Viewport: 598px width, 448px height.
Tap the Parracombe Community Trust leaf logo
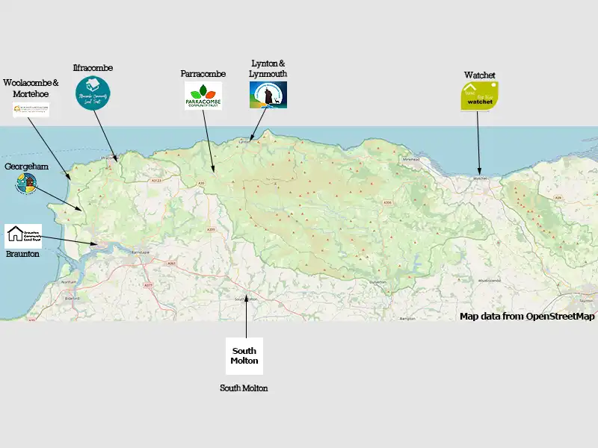[x=203, y=96]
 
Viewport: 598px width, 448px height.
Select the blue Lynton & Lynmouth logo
[x=268, y=95]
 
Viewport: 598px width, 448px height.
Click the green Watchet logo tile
[x=479, y=96]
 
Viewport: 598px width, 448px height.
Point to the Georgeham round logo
[x=26, y=184]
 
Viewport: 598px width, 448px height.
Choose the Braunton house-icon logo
[x=23, y=235]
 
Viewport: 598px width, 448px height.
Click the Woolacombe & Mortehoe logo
[x=31, y=110]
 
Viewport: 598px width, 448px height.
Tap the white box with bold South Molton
[x=244, y=356]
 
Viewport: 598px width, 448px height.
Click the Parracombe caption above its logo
[x=203, y=74]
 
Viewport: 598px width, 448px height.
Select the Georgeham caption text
[x=26, y=167]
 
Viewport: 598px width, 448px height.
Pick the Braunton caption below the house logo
[x=22, y=254]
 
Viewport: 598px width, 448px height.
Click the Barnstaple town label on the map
[x=141, y=255]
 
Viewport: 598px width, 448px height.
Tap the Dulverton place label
[x=377, y=281]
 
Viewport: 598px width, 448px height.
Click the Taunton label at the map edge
[x=586, y=300]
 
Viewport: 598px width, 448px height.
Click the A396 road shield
[x=387, y=202]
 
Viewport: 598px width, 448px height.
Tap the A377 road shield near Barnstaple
[x=148, y=285]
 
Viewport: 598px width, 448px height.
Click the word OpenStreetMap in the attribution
[x=561, y=317]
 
